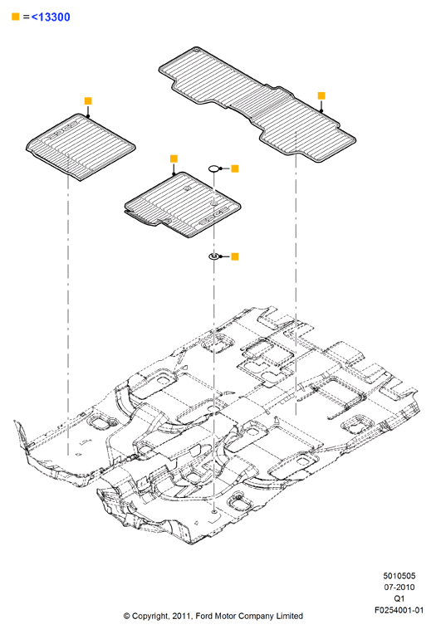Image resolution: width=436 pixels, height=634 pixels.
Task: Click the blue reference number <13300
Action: point(51,17)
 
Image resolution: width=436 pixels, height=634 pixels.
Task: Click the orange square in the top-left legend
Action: point(16,17)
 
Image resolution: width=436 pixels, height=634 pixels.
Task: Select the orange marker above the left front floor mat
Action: point(88,100)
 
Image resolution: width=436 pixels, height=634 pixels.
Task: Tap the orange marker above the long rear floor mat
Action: point(321,95)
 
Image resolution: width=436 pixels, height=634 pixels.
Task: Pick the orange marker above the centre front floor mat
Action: point(174,158)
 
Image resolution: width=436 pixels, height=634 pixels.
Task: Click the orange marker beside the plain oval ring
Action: point(235,168)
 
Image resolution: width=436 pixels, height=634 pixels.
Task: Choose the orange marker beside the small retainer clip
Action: point(235,256)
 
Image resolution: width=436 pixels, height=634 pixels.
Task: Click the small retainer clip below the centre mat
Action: point(213,256)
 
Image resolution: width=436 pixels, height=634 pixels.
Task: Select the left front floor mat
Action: point(81,146)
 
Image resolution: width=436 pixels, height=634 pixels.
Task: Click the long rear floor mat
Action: point(257,105)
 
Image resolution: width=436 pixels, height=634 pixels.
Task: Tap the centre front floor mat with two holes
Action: point(182,205)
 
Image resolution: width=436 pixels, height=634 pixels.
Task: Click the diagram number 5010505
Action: point(399,576)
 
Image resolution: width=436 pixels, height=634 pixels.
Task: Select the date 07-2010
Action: point(399,587)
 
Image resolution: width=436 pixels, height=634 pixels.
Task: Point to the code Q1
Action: point(399,598)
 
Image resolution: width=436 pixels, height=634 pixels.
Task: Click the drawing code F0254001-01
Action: point(399,610)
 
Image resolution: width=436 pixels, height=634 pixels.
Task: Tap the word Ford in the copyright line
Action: point(205,617)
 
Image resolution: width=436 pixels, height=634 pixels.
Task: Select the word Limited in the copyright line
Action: point(290,617)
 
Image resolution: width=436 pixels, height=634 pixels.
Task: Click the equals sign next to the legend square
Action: point(26,17)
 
